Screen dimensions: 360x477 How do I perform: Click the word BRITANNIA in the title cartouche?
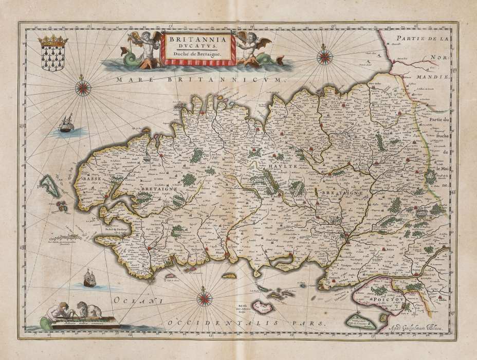pos(198,38)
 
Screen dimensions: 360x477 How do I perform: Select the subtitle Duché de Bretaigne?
pos(198,53)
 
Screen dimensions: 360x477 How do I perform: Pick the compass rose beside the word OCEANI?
pos(205,297)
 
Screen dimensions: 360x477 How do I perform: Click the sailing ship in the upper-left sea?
pos(66,124)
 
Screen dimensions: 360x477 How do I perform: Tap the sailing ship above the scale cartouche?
pos(89,279)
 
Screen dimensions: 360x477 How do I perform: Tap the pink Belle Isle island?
pos(263,308)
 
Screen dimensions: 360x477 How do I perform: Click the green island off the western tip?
pos(50,186)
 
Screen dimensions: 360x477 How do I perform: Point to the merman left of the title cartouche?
pos(148,49)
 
